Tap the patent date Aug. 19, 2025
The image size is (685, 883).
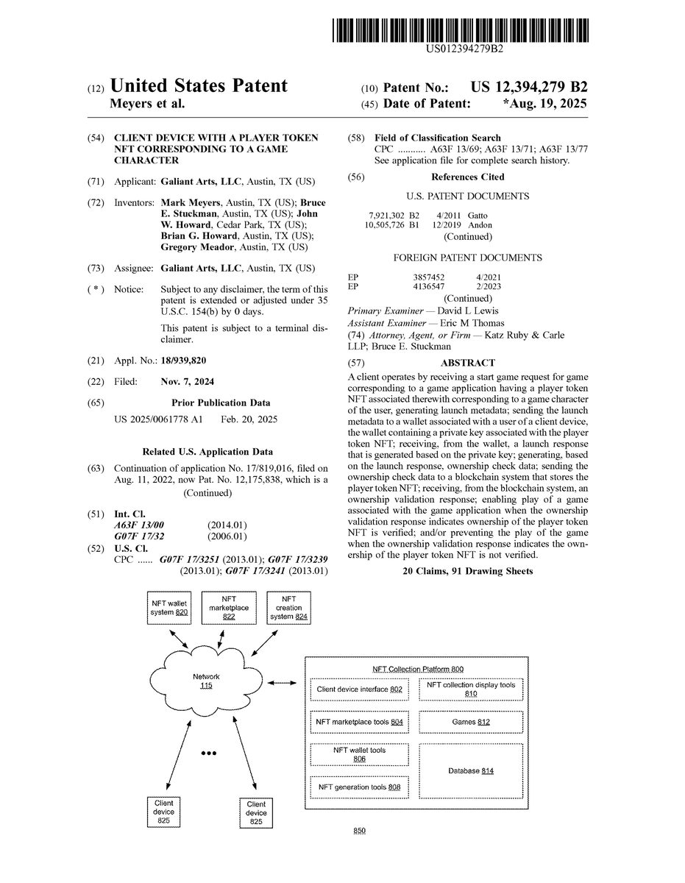(545, 104)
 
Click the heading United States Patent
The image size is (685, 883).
(198, 86)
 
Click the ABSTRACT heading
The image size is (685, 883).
(467, 363)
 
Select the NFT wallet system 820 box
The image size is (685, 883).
(168, 607)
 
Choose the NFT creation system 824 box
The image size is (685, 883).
(288, 607)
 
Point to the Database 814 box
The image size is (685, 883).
(471, 770)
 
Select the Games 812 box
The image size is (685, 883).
(471, 722)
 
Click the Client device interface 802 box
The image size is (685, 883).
(359, 689)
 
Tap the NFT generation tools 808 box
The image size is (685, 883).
(359, 787)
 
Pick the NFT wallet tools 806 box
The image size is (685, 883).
(359, 754)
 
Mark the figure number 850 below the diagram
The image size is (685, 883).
(359, 831)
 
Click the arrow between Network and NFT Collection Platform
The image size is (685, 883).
(282, 684)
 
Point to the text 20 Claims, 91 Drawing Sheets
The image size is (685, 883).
(467, 571)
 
